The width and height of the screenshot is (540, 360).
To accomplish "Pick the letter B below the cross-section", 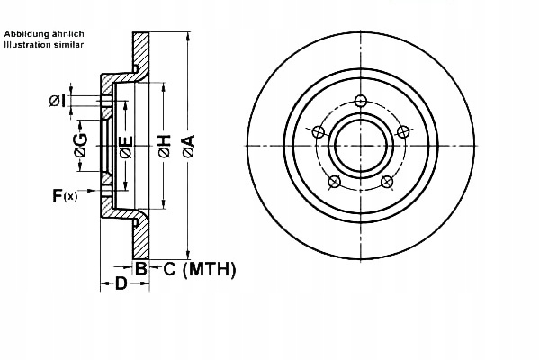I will tap(141, 268).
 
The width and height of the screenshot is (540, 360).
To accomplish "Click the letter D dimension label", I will tap(120, 284).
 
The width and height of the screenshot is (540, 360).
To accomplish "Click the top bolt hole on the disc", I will tap(361, 100).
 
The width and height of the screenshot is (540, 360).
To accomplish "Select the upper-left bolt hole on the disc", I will tap(318, 131).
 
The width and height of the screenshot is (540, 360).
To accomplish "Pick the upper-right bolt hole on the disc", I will tap(403, 131).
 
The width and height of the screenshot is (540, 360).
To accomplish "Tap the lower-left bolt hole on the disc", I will tap(335, 183).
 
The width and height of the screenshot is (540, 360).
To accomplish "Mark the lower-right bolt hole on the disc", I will tap(387, 183).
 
